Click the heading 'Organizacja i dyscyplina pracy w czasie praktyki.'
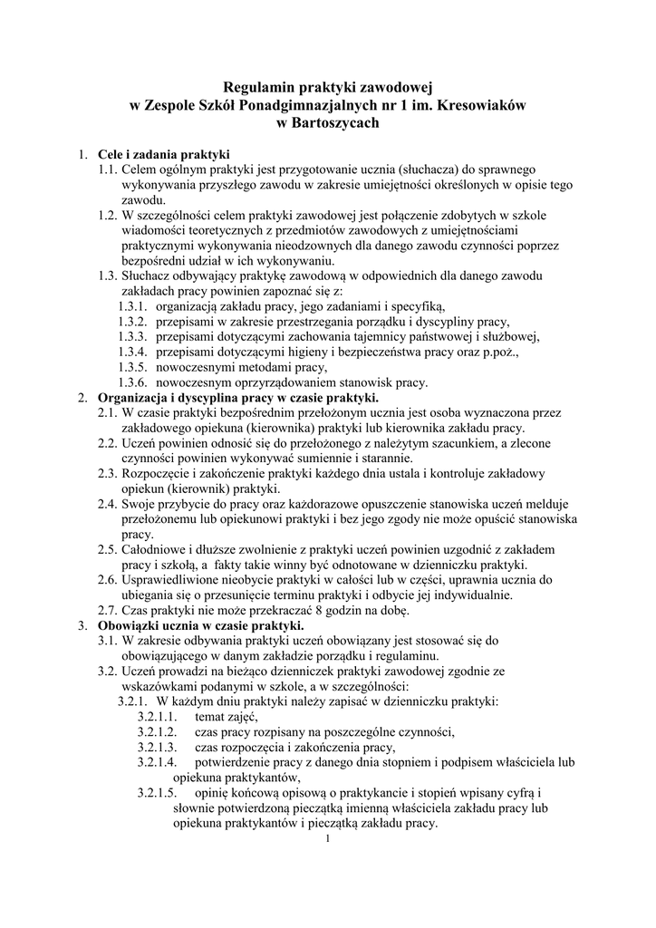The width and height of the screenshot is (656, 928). (238, 397)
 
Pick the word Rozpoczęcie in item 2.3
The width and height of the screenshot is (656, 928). (156, 474)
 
